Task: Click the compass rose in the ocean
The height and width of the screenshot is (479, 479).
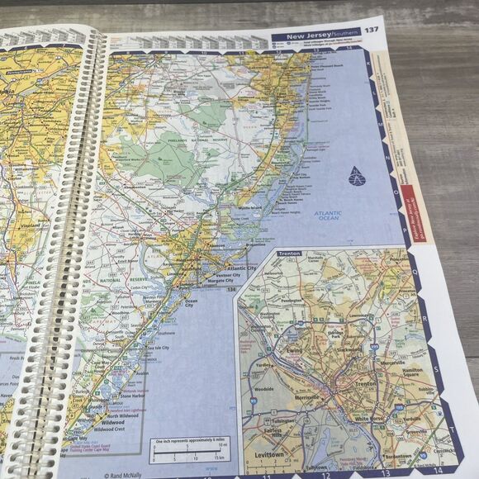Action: point(356,176)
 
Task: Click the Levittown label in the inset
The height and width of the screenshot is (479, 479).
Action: point(274,456)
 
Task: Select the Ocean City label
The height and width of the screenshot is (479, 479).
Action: point(191,304)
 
